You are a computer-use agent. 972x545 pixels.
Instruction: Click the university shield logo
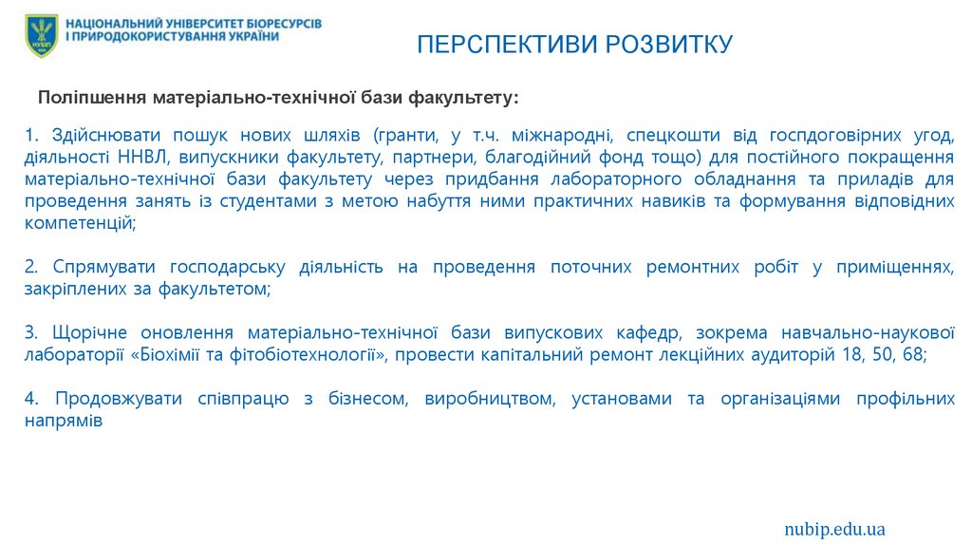42,35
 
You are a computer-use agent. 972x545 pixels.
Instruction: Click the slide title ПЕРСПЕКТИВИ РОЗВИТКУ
576,45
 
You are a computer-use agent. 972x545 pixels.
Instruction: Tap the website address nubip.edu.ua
834,528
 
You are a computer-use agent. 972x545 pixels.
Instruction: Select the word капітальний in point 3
549,355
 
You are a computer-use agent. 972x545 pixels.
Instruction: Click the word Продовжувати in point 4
119,399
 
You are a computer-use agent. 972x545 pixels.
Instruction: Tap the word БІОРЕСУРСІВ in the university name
279,21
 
